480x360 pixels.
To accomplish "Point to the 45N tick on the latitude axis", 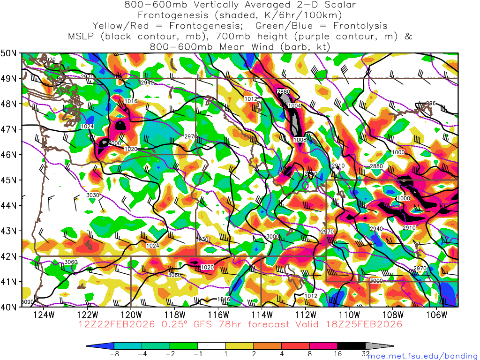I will pyautogui.click(x=9, y=180).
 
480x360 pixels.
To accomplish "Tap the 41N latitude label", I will pyautogui.click(x=9, y=282).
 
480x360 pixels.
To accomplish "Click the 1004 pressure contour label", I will pyautogui.click(x=294, y=106).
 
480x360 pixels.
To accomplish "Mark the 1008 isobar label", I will pyautogui.click(x=300, y=140).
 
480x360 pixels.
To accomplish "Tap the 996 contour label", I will pyautogui.click(x=431, y=104).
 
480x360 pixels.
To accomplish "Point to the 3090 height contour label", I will pyautogui.click(x=28, y=302).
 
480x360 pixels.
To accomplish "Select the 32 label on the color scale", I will pyautogui.click(x=365, y=354).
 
